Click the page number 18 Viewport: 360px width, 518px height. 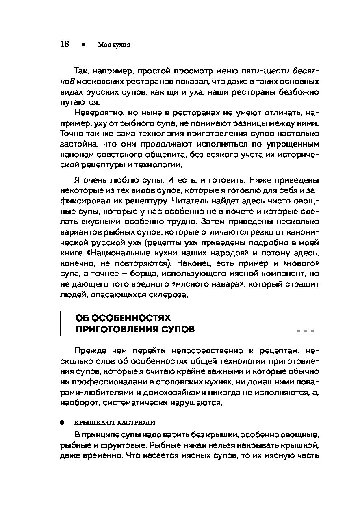65,44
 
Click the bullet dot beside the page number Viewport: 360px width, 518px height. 83,45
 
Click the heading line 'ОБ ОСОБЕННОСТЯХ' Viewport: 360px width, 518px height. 123,318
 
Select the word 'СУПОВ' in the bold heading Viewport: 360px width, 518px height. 175,329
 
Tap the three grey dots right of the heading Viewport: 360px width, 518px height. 305,331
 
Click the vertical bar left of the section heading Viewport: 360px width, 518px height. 60,323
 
